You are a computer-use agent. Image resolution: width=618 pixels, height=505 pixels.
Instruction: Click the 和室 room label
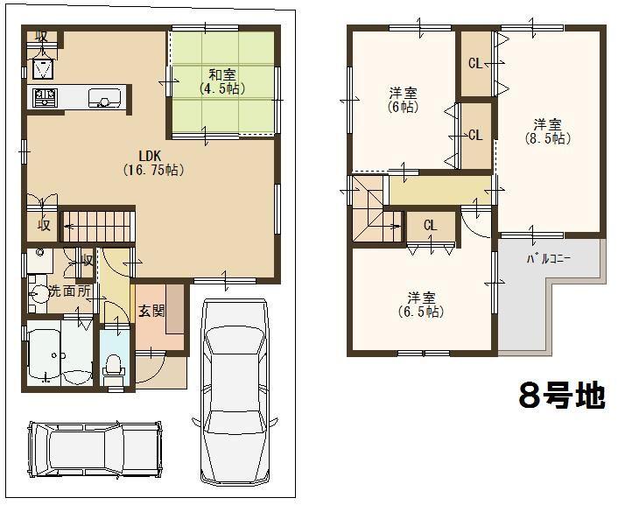[x=221, y=74]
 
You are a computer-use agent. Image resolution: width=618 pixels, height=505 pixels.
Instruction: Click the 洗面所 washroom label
[x=68, y=291]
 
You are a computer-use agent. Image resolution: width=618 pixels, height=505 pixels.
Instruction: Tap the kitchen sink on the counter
[x=103, y=97]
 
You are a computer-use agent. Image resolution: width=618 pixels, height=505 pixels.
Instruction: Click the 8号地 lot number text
[x=561, y=396]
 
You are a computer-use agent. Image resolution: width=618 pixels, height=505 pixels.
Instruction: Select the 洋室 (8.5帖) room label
[x=548, y=130]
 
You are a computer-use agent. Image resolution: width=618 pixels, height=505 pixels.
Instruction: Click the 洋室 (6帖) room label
[x=403, y=100]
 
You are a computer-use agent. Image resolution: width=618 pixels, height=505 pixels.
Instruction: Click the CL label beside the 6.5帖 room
[x=431, y=226]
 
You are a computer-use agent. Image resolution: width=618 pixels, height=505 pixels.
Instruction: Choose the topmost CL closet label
[x=475, y=63]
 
